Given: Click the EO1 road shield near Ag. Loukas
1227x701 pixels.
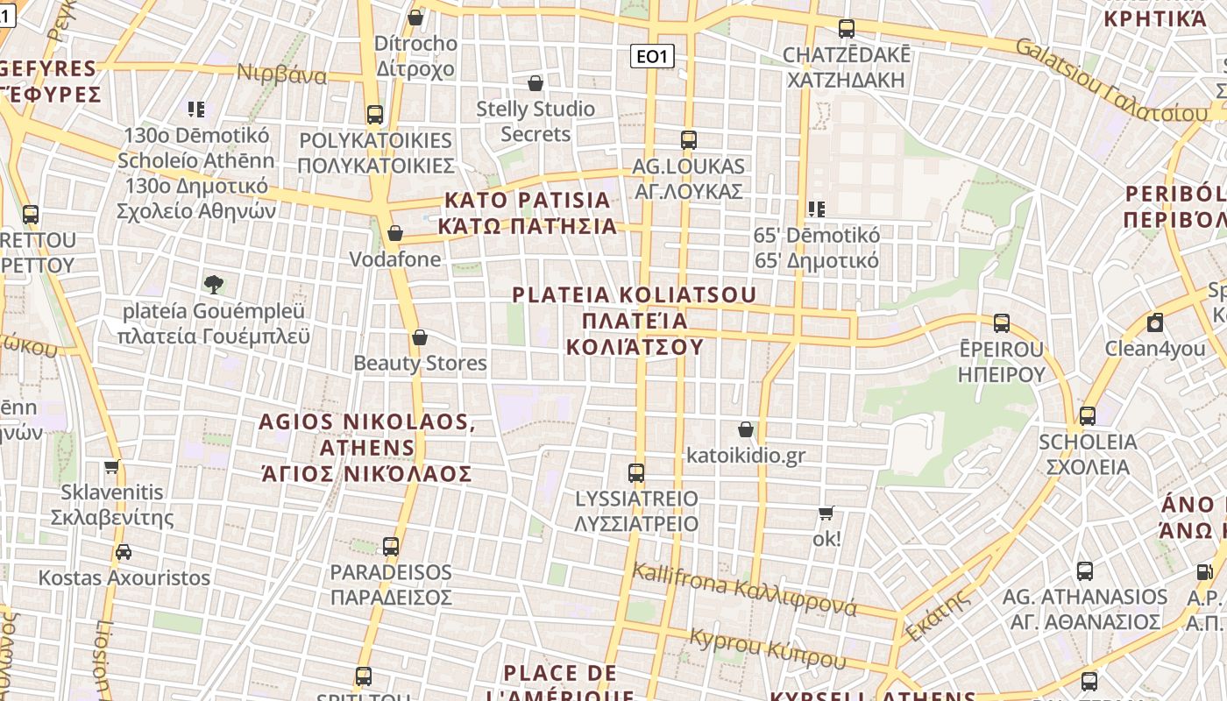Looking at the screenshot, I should tap(652, 57).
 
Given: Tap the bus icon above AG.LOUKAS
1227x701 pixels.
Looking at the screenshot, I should tap(689, 139).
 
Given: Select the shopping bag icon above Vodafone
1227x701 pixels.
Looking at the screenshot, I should tap(395, 233).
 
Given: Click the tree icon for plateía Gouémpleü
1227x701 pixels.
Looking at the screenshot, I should tap(213, 284).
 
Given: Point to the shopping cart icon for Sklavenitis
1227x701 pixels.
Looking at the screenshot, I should tap(111, 466).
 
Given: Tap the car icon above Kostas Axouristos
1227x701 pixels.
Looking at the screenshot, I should tap(124, 552).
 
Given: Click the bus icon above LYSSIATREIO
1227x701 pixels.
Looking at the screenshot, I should tap(636, 473).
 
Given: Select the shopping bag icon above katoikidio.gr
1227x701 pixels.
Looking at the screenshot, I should tap(746, 429).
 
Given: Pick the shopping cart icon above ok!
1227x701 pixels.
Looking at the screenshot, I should tap(826, 513).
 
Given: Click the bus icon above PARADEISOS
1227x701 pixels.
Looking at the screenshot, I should tap(391, 547).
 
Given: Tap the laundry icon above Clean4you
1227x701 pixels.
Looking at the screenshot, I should tap(1155, 322).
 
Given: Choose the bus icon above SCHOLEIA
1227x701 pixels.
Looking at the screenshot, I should tap(1088, 415).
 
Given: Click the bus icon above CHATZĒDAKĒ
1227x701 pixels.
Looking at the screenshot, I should tap(847, 29).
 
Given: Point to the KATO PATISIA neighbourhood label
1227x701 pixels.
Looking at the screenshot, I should tap(528, 213).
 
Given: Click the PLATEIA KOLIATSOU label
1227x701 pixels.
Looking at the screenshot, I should tap(635, 320).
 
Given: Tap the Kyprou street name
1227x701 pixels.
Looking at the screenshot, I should tap(768, 648).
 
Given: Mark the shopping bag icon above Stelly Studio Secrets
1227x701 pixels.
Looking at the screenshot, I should tap(535, 83).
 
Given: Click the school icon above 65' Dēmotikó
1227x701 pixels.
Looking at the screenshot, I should tap(817, 209).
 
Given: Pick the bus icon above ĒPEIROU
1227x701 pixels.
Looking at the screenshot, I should tap(1002, 323).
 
